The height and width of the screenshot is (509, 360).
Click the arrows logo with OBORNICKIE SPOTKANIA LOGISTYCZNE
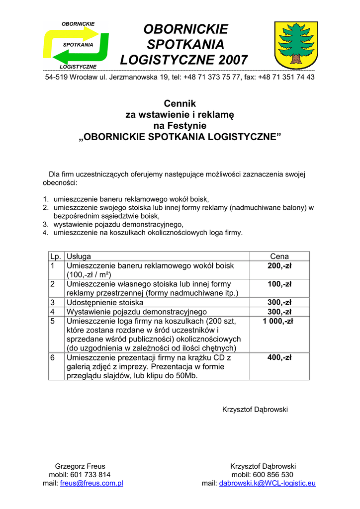(x=77, y=45)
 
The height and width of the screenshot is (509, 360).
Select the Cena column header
(x=279, y=256)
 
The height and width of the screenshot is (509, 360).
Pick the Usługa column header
(x=79, y=256)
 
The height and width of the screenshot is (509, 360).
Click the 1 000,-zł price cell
(x=279, y=321)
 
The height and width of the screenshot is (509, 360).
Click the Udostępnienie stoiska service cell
(x=105, y=302)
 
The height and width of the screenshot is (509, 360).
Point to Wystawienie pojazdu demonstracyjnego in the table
(x=137, y=312)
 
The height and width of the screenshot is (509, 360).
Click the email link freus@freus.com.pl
(x=91, y=483)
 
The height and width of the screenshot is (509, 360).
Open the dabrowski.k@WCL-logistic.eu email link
(x=268, y=483)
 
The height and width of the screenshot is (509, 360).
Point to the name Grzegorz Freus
(x=80, y=466)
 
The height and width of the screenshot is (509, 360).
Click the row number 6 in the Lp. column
(x=53, y=357)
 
